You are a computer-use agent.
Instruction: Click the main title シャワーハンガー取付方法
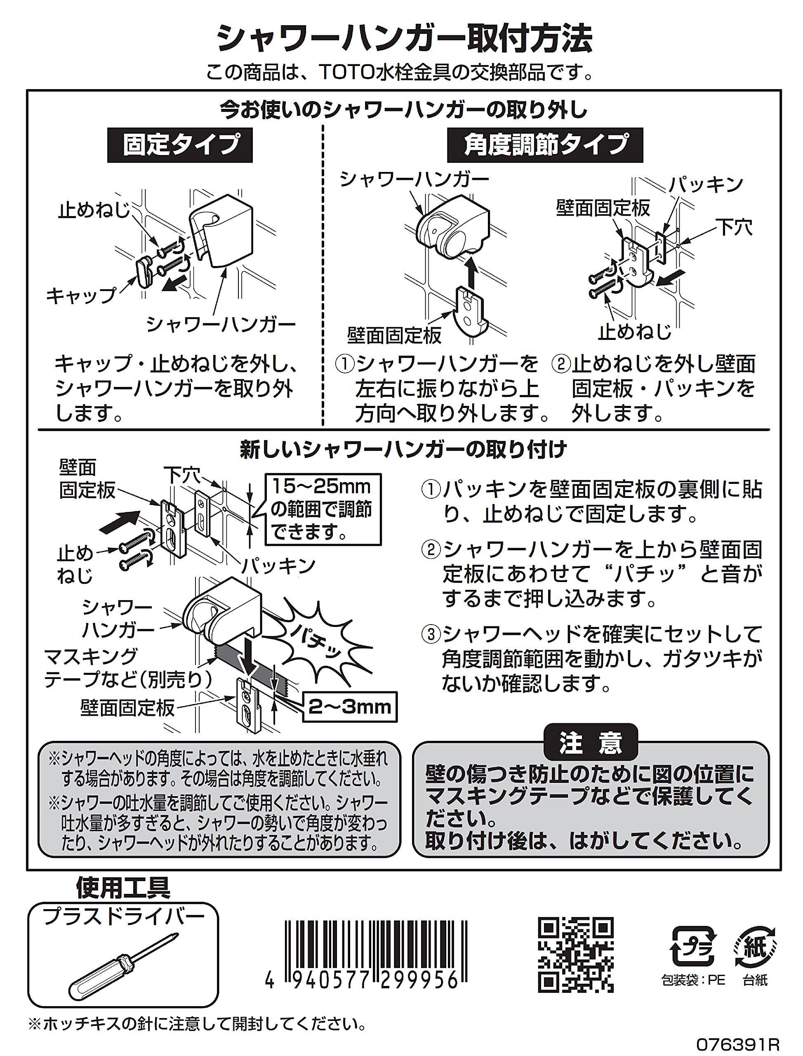(404, 39)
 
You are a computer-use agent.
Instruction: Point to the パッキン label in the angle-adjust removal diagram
(706, 185)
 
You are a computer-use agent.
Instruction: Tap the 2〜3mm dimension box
(349, 706)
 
